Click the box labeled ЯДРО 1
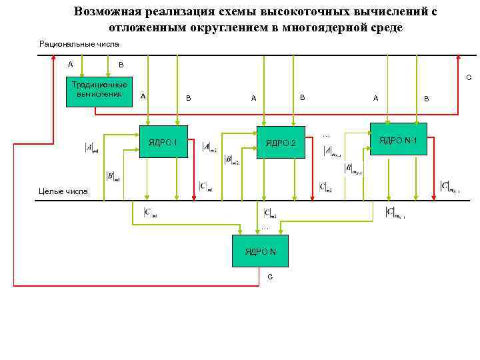click(163, 142)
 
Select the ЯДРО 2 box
click(281, 142)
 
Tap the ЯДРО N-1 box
click(399, 139)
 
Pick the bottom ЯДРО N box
click(260, 251)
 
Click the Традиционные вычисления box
click(100, 90)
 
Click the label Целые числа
click(63, 191)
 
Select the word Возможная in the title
click(107, 12)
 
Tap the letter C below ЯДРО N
click(269, 276)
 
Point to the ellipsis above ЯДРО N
click(265, 228)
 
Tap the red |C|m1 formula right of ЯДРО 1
click(206, 186)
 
